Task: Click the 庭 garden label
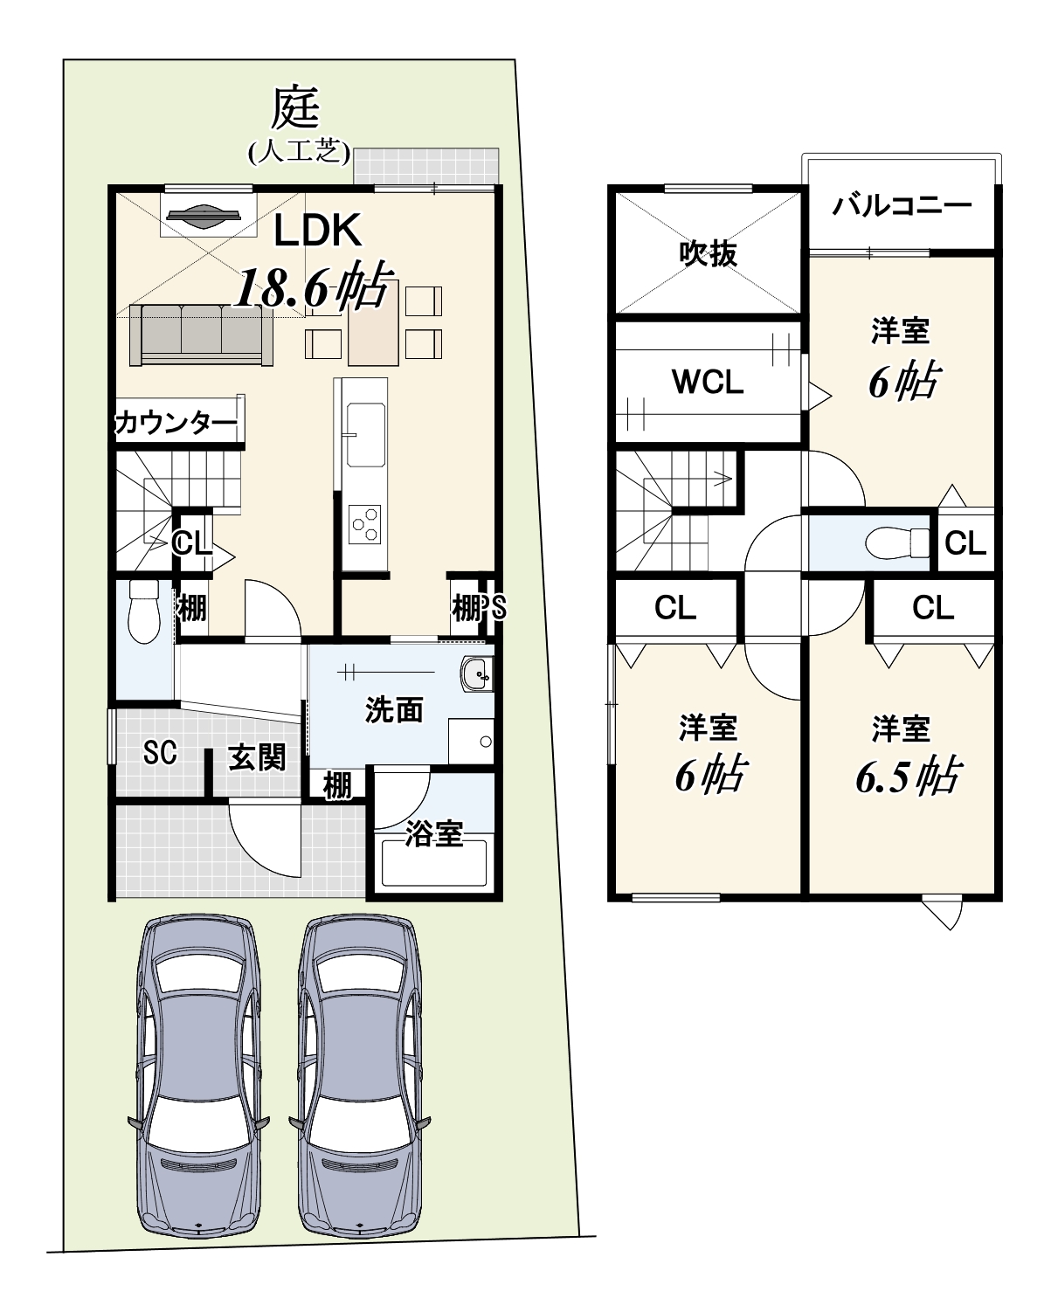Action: coord(295,108)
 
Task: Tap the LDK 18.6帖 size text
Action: coord(312,286)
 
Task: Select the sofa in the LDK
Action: coord(201,335)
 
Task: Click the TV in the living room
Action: coord(204,215)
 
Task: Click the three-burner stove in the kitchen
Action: coord(365,524)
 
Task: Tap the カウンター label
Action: coord(176,423)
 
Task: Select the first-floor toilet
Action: coord(144,611)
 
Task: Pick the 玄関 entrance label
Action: coord(257,758)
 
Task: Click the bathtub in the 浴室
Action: coord(433,863)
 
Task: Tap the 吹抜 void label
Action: coord(709,253)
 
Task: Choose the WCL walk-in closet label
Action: coord(708,383)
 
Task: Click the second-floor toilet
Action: coord(896,542)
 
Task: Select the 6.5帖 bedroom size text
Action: coord(909,776)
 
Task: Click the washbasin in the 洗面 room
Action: coord(476,673)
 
